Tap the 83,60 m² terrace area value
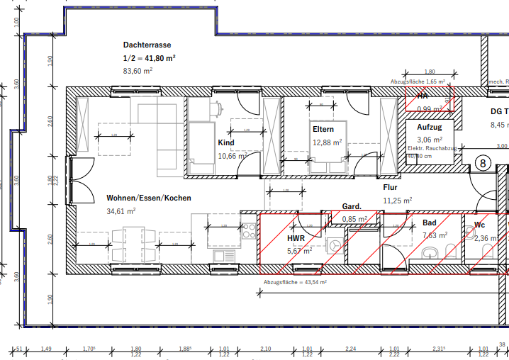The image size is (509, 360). [x=138, y=71]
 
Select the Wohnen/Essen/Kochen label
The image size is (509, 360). [x=148, y=198]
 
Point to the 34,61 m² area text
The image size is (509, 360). [x=121, y=211]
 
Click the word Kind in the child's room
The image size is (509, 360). [x=225, y=143]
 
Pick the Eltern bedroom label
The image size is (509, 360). [x=323, y=130]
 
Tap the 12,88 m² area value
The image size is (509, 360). [x=327, y=142]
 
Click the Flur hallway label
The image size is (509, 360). [x=390, y=188]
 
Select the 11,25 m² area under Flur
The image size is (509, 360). [x=397, y=201]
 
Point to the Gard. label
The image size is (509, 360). [x=352, y=207]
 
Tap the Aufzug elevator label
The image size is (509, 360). [x=429, y=126]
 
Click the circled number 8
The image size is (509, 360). [x=483, y=163]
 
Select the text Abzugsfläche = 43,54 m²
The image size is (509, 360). [x=295, y=282]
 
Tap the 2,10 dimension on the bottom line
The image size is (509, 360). [x=266, y=349]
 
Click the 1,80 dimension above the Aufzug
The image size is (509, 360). [x=429, y=72]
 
